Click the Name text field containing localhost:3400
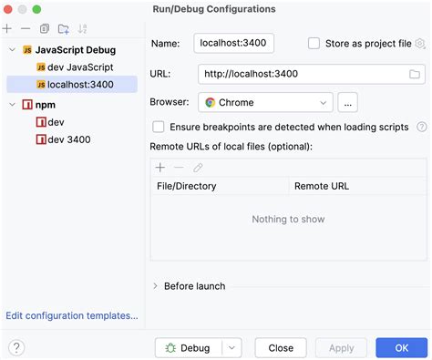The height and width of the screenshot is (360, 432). (234, 44)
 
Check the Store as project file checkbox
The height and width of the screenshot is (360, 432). (314, 44)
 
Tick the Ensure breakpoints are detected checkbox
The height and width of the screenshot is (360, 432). (159, 128)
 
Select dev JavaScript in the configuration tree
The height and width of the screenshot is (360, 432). (80, 67)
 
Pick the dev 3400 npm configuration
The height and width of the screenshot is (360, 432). (68, 139)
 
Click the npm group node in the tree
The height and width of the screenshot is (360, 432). (45, 105)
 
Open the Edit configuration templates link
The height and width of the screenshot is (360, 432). (72, 315)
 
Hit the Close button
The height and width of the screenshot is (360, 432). (281, 347)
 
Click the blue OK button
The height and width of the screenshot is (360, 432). (402, 347)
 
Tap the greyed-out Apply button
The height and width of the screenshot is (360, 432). (342, 347)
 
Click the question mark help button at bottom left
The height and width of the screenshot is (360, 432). (16, 347)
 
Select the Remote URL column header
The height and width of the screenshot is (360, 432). (321, 186)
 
